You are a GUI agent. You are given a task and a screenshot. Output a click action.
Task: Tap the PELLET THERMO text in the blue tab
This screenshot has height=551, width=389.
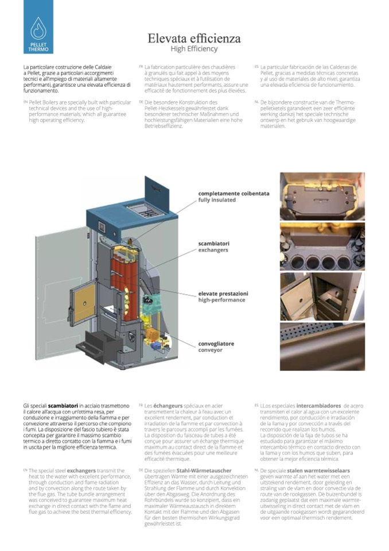[x=38, y=47]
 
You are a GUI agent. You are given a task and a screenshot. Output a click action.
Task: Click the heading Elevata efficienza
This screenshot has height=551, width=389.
[x=194, y=38]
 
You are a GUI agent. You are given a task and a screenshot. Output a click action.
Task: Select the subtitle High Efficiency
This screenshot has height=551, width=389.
[x=194, y=49]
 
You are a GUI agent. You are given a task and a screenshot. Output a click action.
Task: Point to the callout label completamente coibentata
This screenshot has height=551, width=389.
[x=234, y=194]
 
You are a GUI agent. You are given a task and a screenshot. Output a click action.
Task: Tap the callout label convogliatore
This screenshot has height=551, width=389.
[x=216, y=344]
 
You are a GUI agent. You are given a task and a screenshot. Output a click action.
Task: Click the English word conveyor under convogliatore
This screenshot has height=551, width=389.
[x=211, y=350]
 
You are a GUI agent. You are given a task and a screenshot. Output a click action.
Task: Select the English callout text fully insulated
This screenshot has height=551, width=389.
[x=217, y=200]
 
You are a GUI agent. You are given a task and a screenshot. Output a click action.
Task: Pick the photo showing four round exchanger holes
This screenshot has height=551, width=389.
[x=322, y=246]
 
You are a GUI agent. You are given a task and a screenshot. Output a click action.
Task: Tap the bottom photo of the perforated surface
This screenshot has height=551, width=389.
[x=322, y=346]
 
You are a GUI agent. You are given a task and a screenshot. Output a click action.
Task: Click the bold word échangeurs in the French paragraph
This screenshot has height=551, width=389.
[x=167, y=406]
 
